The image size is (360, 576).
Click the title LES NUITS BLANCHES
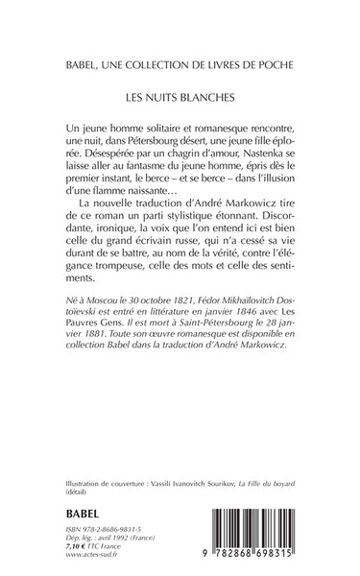pos(180,97)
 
